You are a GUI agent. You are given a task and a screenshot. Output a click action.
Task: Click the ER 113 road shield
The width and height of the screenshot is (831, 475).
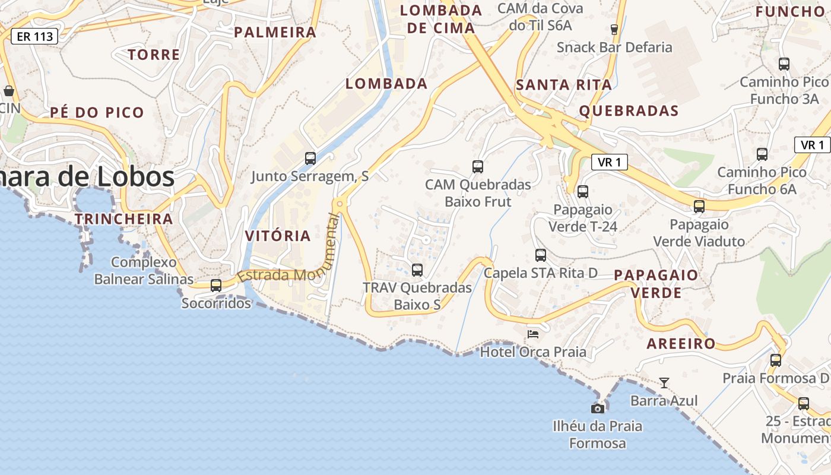(x=35, y=36)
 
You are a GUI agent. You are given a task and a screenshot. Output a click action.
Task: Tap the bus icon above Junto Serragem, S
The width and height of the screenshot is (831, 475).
(x=310, y=159)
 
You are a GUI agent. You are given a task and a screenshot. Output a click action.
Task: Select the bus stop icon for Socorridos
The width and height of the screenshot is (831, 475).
(x=216, y=286)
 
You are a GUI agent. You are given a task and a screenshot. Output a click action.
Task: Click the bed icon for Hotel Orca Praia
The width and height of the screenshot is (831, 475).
(x=533, y=334)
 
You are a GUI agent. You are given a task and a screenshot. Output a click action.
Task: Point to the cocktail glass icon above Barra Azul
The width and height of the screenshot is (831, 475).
(x=664, y=383)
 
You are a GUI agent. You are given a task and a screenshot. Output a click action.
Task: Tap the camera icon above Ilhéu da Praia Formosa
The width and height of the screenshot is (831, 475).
(x=598, y=408)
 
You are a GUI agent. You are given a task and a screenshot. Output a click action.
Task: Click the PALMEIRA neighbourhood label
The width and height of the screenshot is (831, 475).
(x=275, y=32)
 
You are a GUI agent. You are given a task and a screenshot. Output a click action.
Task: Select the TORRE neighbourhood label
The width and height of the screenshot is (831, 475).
(x=154, y=55)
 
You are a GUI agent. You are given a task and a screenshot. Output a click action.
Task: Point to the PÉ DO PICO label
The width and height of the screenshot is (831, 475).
(x=97, y=112)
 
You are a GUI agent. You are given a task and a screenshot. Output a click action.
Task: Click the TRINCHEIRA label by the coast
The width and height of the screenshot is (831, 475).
(x=123, y=218)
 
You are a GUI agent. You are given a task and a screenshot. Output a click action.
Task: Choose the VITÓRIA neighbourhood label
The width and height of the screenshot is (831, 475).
(x=278, y=236)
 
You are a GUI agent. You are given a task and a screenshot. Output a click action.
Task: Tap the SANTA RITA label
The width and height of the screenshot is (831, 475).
(x=563, y=85)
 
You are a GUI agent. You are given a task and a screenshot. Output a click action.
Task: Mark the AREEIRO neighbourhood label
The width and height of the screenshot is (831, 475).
(x=681, y=343)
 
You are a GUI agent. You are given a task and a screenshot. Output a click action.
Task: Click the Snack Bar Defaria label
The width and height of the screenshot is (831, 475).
(x=614, y=47)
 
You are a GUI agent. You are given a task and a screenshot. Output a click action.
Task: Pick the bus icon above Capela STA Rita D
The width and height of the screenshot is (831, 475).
(x=541, y=255)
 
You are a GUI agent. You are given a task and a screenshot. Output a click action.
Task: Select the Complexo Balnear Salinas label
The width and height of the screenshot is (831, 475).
(x=144, y=270)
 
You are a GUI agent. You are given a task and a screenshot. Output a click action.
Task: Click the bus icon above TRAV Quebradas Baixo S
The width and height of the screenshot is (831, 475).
(x=417, y=270)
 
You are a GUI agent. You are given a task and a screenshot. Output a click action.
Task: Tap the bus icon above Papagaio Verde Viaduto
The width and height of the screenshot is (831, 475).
(x=699, y=207)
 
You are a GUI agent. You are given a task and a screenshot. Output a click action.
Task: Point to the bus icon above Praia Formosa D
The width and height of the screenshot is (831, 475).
(x=776, y=360)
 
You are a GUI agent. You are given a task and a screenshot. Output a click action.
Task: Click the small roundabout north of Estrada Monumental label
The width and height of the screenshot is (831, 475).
(x=340, y=204)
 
